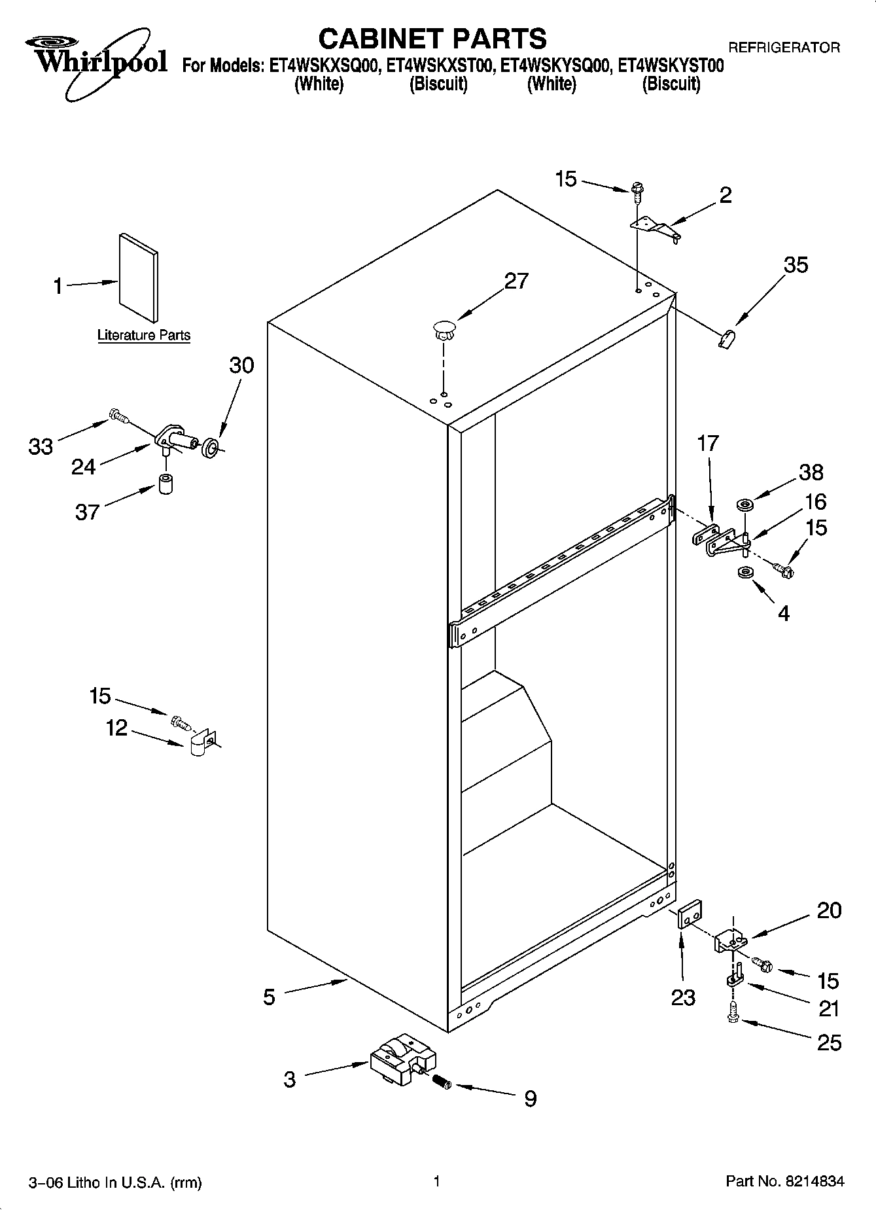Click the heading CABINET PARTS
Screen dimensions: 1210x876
pyautogui.click(x=432, y=39)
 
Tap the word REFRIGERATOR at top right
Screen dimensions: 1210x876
pyautogui.click(x=784, y=48)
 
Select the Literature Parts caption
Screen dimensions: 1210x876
pyautogui.click(x=144, y=336)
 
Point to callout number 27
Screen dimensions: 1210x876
pyautogui.click(x=516, y=281)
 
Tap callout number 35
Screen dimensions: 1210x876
pyautogui.click(x=796, y=265)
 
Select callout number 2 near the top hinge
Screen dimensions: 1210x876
pyautogui.click(x=725, y=195)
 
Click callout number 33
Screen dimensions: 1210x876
pyautogui.click(x=41, y=447)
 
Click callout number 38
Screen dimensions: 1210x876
pyautogui.click(x=811, y=472)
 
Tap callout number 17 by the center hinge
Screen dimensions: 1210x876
pyautogui.click(x=708, y=443)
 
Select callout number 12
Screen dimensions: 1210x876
pyautogui.click(x=117, y=728)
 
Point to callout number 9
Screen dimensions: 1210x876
pyautogui.click(x=530, y=1099)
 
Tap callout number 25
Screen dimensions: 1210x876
pyautogui.click(x=829, y=1042)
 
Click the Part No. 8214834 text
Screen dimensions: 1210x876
pyautogui.click(x=784, y=1181)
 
